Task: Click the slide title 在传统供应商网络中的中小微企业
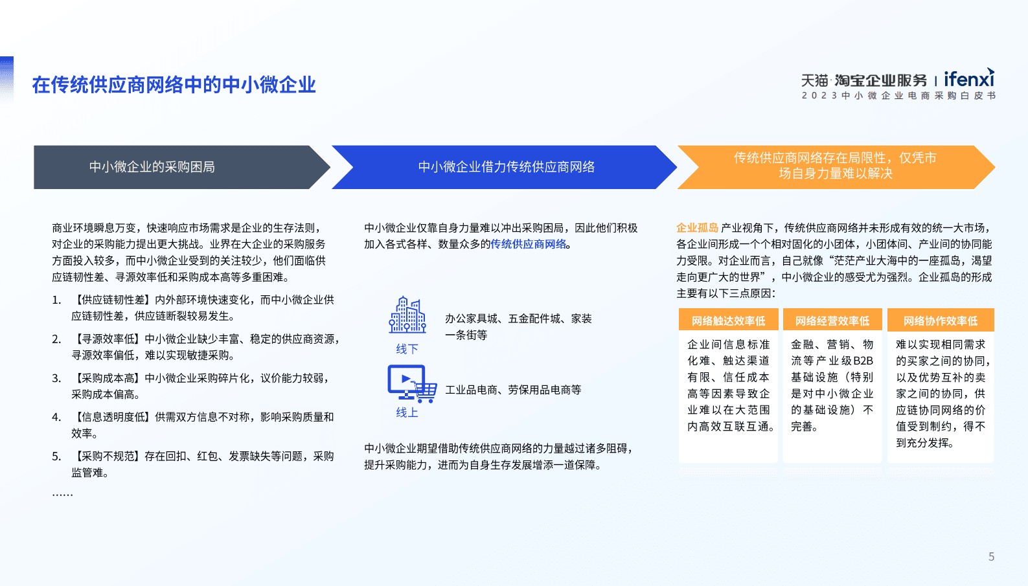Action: coord(174,85)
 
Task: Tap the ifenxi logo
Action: coord(968,79)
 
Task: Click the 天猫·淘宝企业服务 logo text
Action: coord(864,80)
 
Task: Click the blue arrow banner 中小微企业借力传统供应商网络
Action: coord(506,167)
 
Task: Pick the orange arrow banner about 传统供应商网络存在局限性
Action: coord(834,166)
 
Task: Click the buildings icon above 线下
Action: coord(407,315)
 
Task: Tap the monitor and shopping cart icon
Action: coord(411,383)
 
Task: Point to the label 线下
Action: coord(407,349)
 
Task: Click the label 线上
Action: coord(407,412)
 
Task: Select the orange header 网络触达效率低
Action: coord(728,321)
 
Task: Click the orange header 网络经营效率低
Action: coord(832,321)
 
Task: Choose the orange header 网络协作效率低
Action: coord(941,321)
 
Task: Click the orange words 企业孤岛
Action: coord(697,228)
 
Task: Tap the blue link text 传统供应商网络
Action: coord(528,244)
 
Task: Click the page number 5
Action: coord(991,557)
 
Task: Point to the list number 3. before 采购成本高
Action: coord(56,378)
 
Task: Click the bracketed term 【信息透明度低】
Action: coord(111,417)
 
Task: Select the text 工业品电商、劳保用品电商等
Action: coord(513,390)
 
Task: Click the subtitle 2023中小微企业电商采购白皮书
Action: coord(898,96)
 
